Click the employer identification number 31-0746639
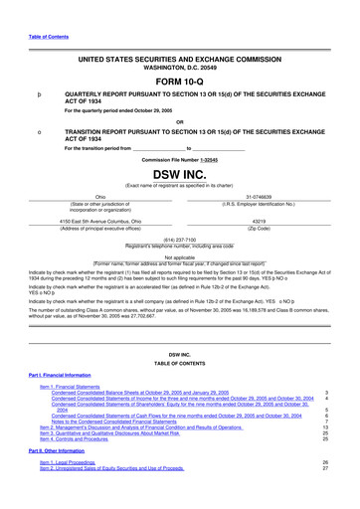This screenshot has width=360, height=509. (x=263, y=197)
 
